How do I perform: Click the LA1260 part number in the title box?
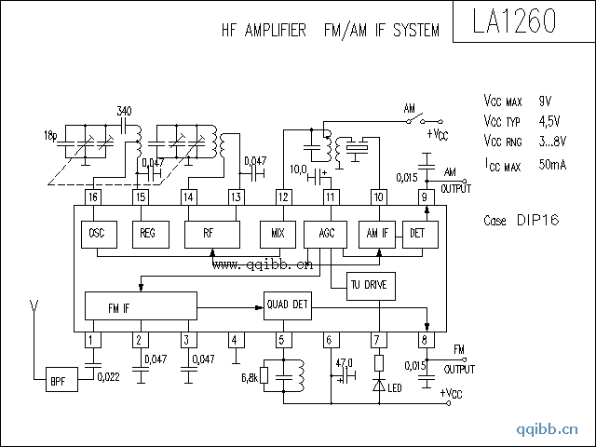(519, 21)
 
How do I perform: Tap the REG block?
(147, 233)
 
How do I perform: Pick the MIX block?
(278, 233)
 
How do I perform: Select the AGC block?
(326, 233)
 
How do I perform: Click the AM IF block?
(378, 233)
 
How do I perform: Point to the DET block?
(417, 233)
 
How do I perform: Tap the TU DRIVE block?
(372, 284)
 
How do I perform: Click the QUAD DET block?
(287, 305)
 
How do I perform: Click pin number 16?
(92, 197)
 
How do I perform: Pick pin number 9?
(425, 197)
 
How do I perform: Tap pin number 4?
(235, 340)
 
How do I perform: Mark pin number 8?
(426, 340)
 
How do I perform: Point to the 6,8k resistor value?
(250, 378)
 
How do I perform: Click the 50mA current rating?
(553, 165)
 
